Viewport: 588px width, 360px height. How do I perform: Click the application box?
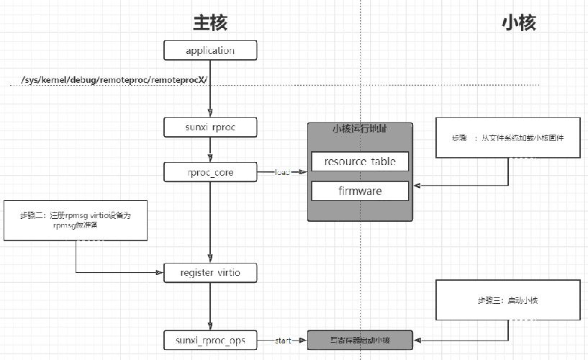click(209, 50)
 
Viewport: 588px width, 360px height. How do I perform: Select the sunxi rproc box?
click(209, 127)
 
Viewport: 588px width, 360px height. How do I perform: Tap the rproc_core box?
click(209, 172)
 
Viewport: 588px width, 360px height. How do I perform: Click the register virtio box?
click(209, 273)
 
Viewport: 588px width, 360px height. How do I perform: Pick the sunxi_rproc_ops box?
click(209, 340)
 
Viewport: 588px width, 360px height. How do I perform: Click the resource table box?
click(360, 161)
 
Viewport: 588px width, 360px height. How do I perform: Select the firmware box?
click(360, 191)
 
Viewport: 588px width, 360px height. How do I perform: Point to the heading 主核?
click(209, 22)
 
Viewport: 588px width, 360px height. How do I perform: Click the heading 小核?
click(518, 22)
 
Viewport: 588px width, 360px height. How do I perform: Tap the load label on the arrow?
click(282, 172)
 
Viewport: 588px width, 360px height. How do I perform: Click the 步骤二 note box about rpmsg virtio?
click(76, 220)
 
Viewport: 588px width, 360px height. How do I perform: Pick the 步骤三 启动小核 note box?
click(508, 300)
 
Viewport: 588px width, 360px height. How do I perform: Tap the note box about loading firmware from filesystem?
click(508, 137)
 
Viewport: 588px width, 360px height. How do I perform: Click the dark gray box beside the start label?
click(360, 340)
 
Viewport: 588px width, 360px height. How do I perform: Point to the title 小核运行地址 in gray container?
click(360, 130)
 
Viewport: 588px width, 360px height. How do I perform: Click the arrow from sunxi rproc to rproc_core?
click(209, 150)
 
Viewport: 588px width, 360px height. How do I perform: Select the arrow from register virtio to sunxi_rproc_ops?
click(209, 307)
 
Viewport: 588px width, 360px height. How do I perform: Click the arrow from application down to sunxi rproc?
click(209, 90)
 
